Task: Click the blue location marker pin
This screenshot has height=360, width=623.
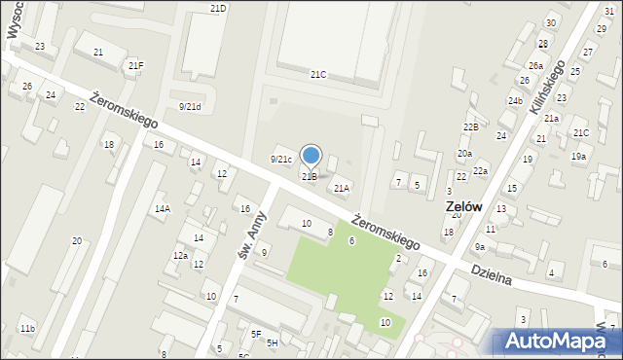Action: [311, 156]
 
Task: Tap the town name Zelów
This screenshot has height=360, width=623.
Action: [466, 207]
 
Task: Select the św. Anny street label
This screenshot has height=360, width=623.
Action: [252, 237]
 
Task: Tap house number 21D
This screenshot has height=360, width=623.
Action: [218, 8]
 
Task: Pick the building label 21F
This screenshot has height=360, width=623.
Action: [135, 65]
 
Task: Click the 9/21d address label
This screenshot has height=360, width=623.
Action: [190, 107]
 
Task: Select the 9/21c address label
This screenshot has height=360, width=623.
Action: [280, 159]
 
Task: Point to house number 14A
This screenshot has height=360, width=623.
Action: [163, 208]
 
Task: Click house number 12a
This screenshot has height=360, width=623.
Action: [180, 255]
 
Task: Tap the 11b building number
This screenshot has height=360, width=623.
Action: [27, 329]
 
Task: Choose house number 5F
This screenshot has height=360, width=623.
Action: [256, 334]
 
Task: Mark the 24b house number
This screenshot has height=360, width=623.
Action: [515, 100]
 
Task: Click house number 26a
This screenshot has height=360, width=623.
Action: [535, 65]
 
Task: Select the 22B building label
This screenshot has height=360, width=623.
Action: [471, 127]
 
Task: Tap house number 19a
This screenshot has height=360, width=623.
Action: [578, 156]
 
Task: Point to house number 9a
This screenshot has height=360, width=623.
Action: [480, 247]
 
